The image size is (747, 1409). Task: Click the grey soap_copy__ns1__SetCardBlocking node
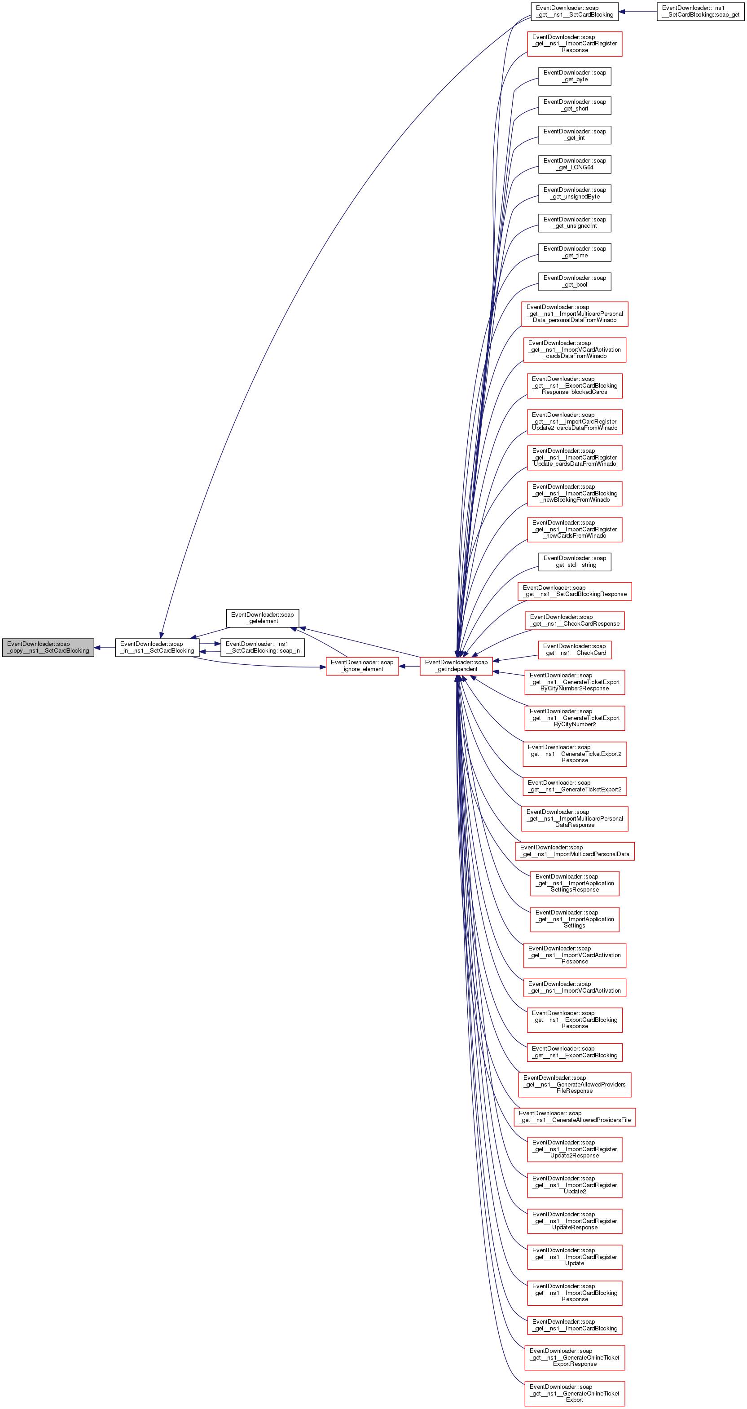click(48, 648)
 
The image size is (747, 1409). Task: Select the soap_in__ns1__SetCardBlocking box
click(157, 648)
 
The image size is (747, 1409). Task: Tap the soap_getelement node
click(263, 618)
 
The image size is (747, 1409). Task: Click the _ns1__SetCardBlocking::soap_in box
click(263, 648)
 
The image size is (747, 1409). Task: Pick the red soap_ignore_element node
click(362, 666)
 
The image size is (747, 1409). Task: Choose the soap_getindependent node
click(456, 666)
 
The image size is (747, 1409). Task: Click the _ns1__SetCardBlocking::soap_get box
click(700, 12)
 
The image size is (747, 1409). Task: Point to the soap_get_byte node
click(574, 76)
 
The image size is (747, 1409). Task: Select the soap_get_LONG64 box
click(574, 164)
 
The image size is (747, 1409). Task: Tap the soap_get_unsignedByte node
click(574, 193)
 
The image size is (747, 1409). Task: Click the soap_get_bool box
click(574, 281)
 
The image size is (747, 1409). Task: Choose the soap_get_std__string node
click(574, 562)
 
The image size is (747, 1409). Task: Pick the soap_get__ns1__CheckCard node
click(574, 650)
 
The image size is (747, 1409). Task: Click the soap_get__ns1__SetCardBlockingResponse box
click(574, 591)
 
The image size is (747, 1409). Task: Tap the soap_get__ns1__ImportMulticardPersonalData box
click(574, 851)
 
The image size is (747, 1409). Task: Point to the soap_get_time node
click(574, 252)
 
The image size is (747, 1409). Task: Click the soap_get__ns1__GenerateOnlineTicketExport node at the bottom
click(574, 1393)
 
